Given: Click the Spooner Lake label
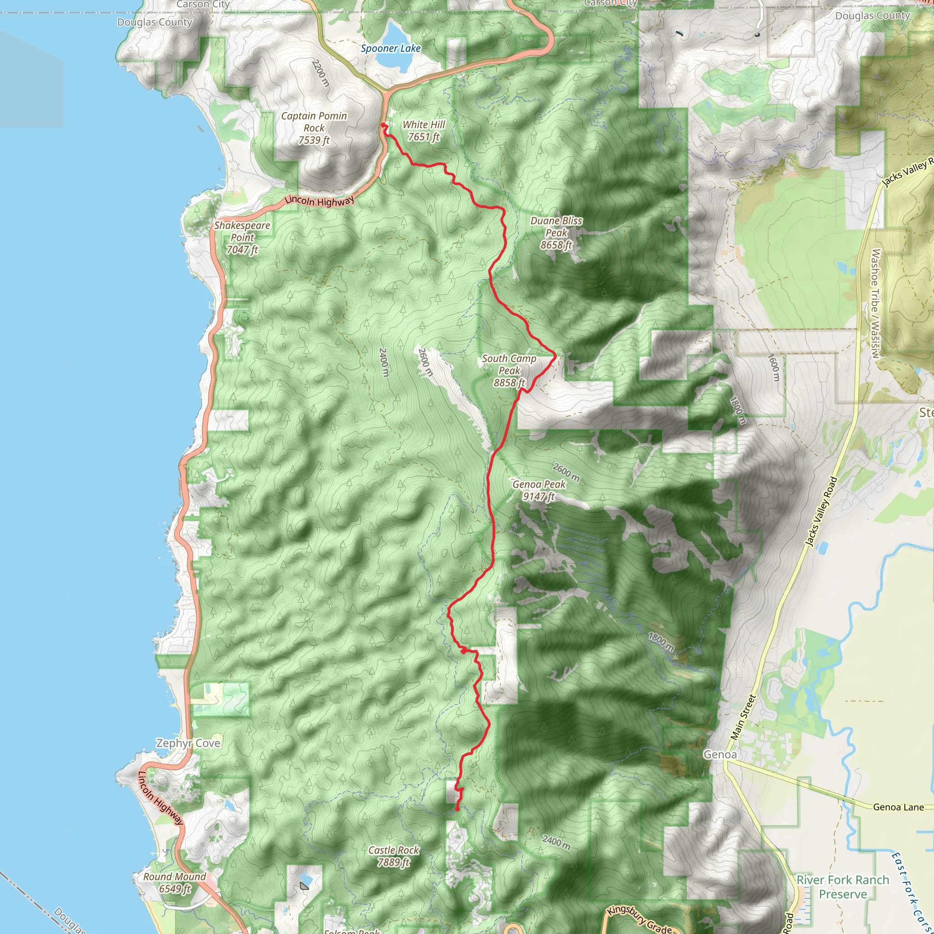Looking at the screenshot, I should (x=391, y=48).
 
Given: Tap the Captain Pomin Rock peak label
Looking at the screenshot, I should (x=314, y=128).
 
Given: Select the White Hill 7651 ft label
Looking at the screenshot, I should (x=424, y=131).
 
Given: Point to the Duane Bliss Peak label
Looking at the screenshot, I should (x=556, y=233).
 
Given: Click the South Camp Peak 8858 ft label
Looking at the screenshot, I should (x=509, y=371).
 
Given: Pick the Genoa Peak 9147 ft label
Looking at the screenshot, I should (x=539, y=490).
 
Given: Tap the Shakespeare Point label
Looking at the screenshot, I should (x=242, y=237).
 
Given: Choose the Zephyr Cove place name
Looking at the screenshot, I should (x=188, y=743).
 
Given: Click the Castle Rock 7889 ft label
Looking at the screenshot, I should (x=394, y=856).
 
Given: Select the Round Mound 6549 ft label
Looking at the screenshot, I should (x=175, y=883).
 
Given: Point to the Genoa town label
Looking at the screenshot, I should (x=720, y=755).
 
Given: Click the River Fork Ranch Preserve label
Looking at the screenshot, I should (x=843, y=887).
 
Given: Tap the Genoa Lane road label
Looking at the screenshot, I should (x=898, y=807).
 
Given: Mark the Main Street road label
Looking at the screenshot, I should (x=743, y=717).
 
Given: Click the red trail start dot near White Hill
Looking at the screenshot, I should (x=384, y=125).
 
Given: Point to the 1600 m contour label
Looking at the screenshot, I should (x=773, y=368).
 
